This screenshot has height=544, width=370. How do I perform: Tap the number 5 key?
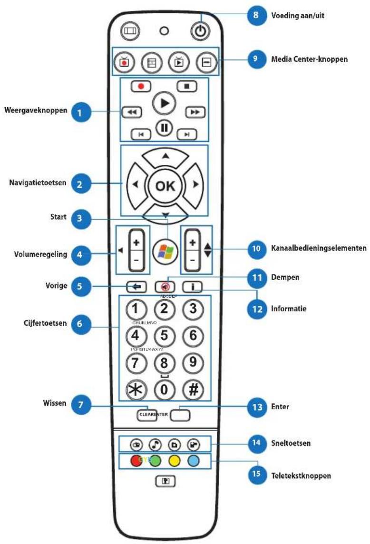click(x=165, y=336)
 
